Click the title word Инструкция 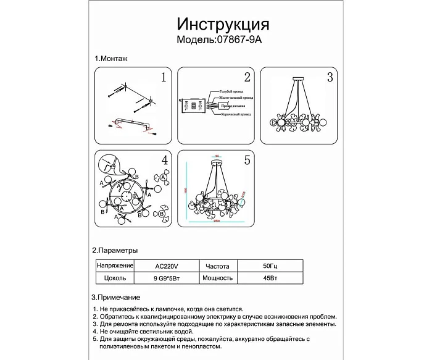pyautogui.click(x=223, y=24)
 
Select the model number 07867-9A pyautogui.click(x=240, y=40)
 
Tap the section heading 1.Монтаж pyautogui.click(x=111, y=59)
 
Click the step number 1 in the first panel pyautogui.click(x=163, y=78)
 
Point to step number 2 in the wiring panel pyautogui.click(x=247, y=78)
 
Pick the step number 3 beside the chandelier pyautogui.click(x=330, y=78)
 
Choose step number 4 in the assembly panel pyautogui.click(x=164, y=161)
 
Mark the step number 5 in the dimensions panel pyautogui.click(x=247, y=161)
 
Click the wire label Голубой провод pyautogui.click(x=228, y=90)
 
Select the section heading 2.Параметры pyautogui.click(x=115, y=251)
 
